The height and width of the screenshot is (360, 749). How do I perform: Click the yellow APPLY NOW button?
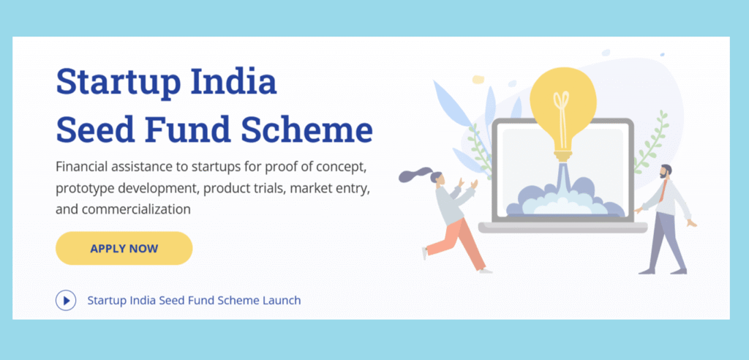[124, 248]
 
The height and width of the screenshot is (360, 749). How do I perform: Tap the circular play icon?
[66, 300]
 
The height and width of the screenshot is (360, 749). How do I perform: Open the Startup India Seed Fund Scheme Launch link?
[194, 300]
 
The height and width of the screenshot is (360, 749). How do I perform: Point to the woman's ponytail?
[413, 176]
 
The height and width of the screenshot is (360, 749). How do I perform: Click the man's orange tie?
[662, 192]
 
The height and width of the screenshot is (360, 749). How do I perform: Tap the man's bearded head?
[665, 171]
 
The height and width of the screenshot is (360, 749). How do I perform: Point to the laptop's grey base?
[562, 228]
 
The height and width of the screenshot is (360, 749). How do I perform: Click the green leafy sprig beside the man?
[650, 143]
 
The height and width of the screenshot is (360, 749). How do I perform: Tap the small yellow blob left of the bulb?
[478, 79]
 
